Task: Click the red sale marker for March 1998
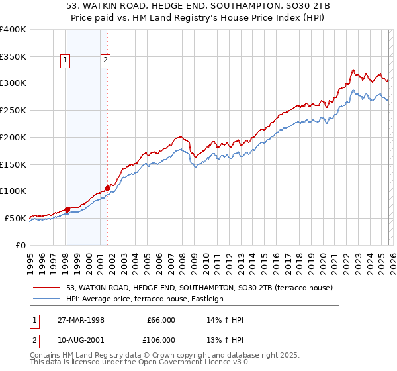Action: [x=67, y=209]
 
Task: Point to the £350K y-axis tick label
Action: [x=13, y=57]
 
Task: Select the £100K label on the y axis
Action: [x=13, y=191]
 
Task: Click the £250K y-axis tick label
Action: [x=13, y=111]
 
